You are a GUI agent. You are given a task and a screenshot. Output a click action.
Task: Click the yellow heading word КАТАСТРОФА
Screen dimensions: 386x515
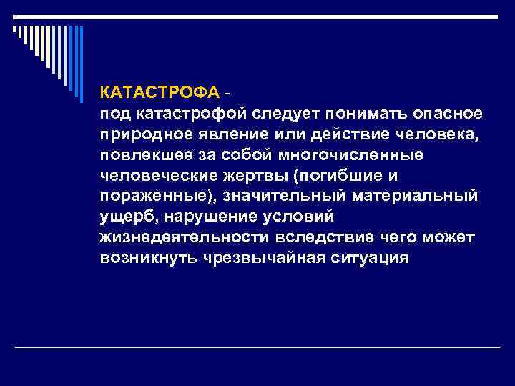click(160, 93)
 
